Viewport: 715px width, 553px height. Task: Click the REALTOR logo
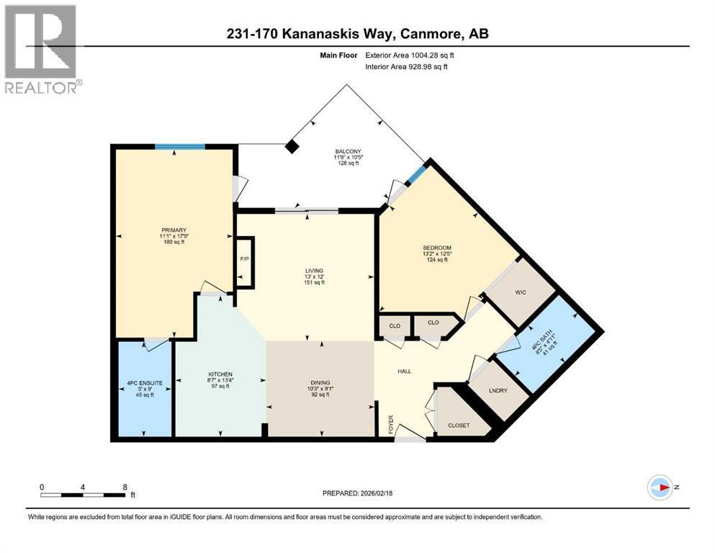[41, 48]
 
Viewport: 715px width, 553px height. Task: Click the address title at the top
[356, 34]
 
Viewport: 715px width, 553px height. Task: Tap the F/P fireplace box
[245, 260]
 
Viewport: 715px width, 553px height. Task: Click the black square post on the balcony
[291, 146]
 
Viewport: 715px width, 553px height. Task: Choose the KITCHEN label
[220, 374]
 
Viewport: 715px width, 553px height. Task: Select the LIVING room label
[314, 271]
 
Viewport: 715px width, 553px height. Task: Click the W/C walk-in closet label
[522, 292]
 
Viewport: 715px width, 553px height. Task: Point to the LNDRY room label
[498, 391]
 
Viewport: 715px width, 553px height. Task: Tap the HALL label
[405, 371]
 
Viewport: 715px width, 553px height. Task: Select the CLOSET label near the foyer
[459, 425]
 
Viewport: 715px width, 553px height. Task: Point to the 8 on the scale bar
[125, 487]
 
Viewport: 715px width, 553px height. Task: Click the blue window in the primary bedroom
[179, 147]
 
